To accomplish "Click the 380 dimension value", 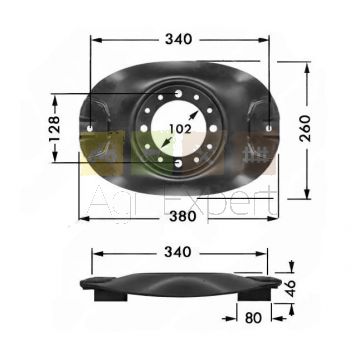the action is tap(183, 216).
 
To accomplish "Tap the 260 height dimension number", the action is tap(305, 128).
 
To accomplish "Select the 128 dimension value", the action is tap(54, 129).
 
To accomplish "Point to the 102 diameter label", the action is tap(180, 129).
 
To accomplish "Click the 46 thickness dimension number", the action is tap(290, 288).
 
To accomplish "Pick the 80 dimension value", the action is tap(253, 318).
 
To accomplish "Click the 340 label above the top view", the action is tap(179, 39).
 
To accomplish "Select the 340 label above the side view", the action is tap(178, 252).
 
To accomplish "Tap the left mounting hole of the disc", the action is tap(90, 128).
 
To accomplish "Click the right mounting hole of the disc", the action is tap(269, 128).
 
